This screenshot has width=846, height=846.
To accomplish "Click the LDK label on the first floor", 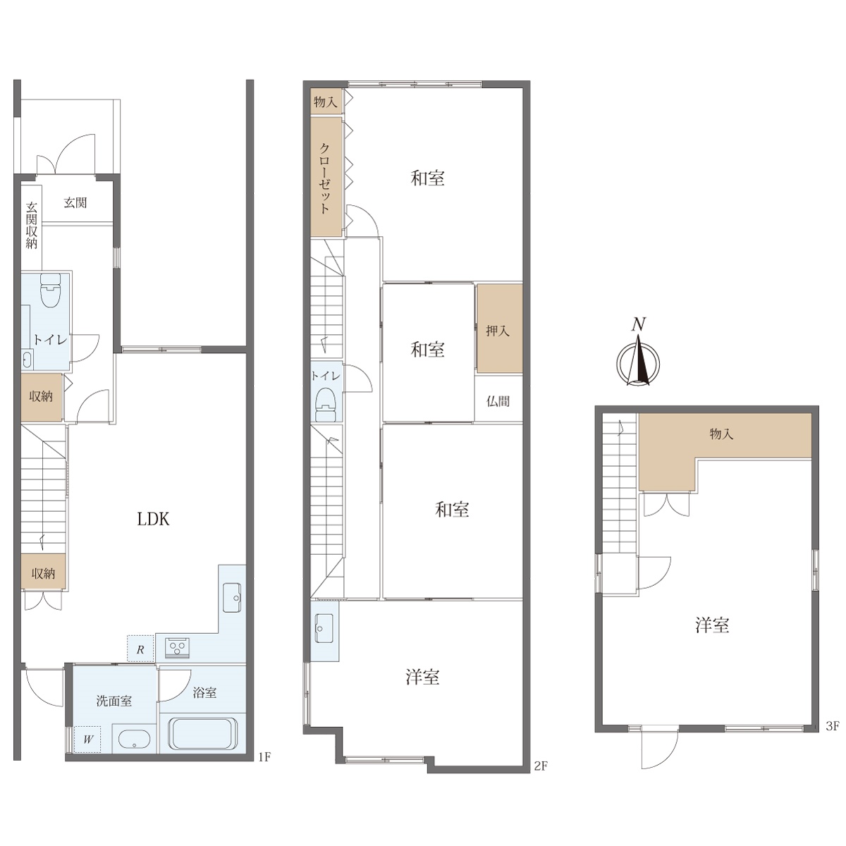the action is click(x=153, y=520).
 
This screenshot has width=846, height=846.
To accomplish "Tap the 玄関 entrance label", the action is click(x=75, y=202).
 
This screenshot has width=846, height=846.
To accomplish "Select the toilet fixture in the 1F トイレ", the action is click(x=50, y=290).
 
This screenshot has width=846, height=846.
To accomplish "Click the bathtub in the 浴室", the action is click(x=203, y=734).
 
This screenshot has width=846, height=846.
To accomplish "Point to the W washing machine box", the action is click(x=88, y=740).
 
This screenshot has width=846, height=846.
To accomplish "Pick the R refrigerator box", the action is click(x=140, y=649).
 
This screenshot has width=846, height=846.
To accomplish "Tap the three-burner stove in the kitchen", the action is click(x=177, y=649).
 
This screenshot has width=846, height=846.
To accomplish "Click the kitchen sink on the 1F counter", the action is click(x=232, y=598).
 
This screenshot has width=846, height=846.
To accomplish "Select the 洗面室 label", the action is click(x=114, y=701).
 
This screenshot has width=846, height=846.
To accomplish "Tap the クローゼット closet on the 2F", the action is click(x=326, y=177).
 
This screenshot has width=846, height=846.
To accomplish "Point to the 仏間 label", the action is click(x=498, y=401).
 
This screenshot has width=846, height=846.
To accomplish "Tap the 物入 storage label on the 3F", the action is click(x=721, y=434).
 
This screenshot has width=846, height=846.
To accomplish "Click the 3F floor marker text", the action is click(x=833, y=726).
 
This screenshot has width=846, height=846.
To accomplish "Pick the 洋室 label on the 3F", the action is click(x=712, y=625).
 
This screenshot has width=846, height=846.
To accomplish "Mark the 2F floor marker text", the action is click(x=541, y=766).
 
